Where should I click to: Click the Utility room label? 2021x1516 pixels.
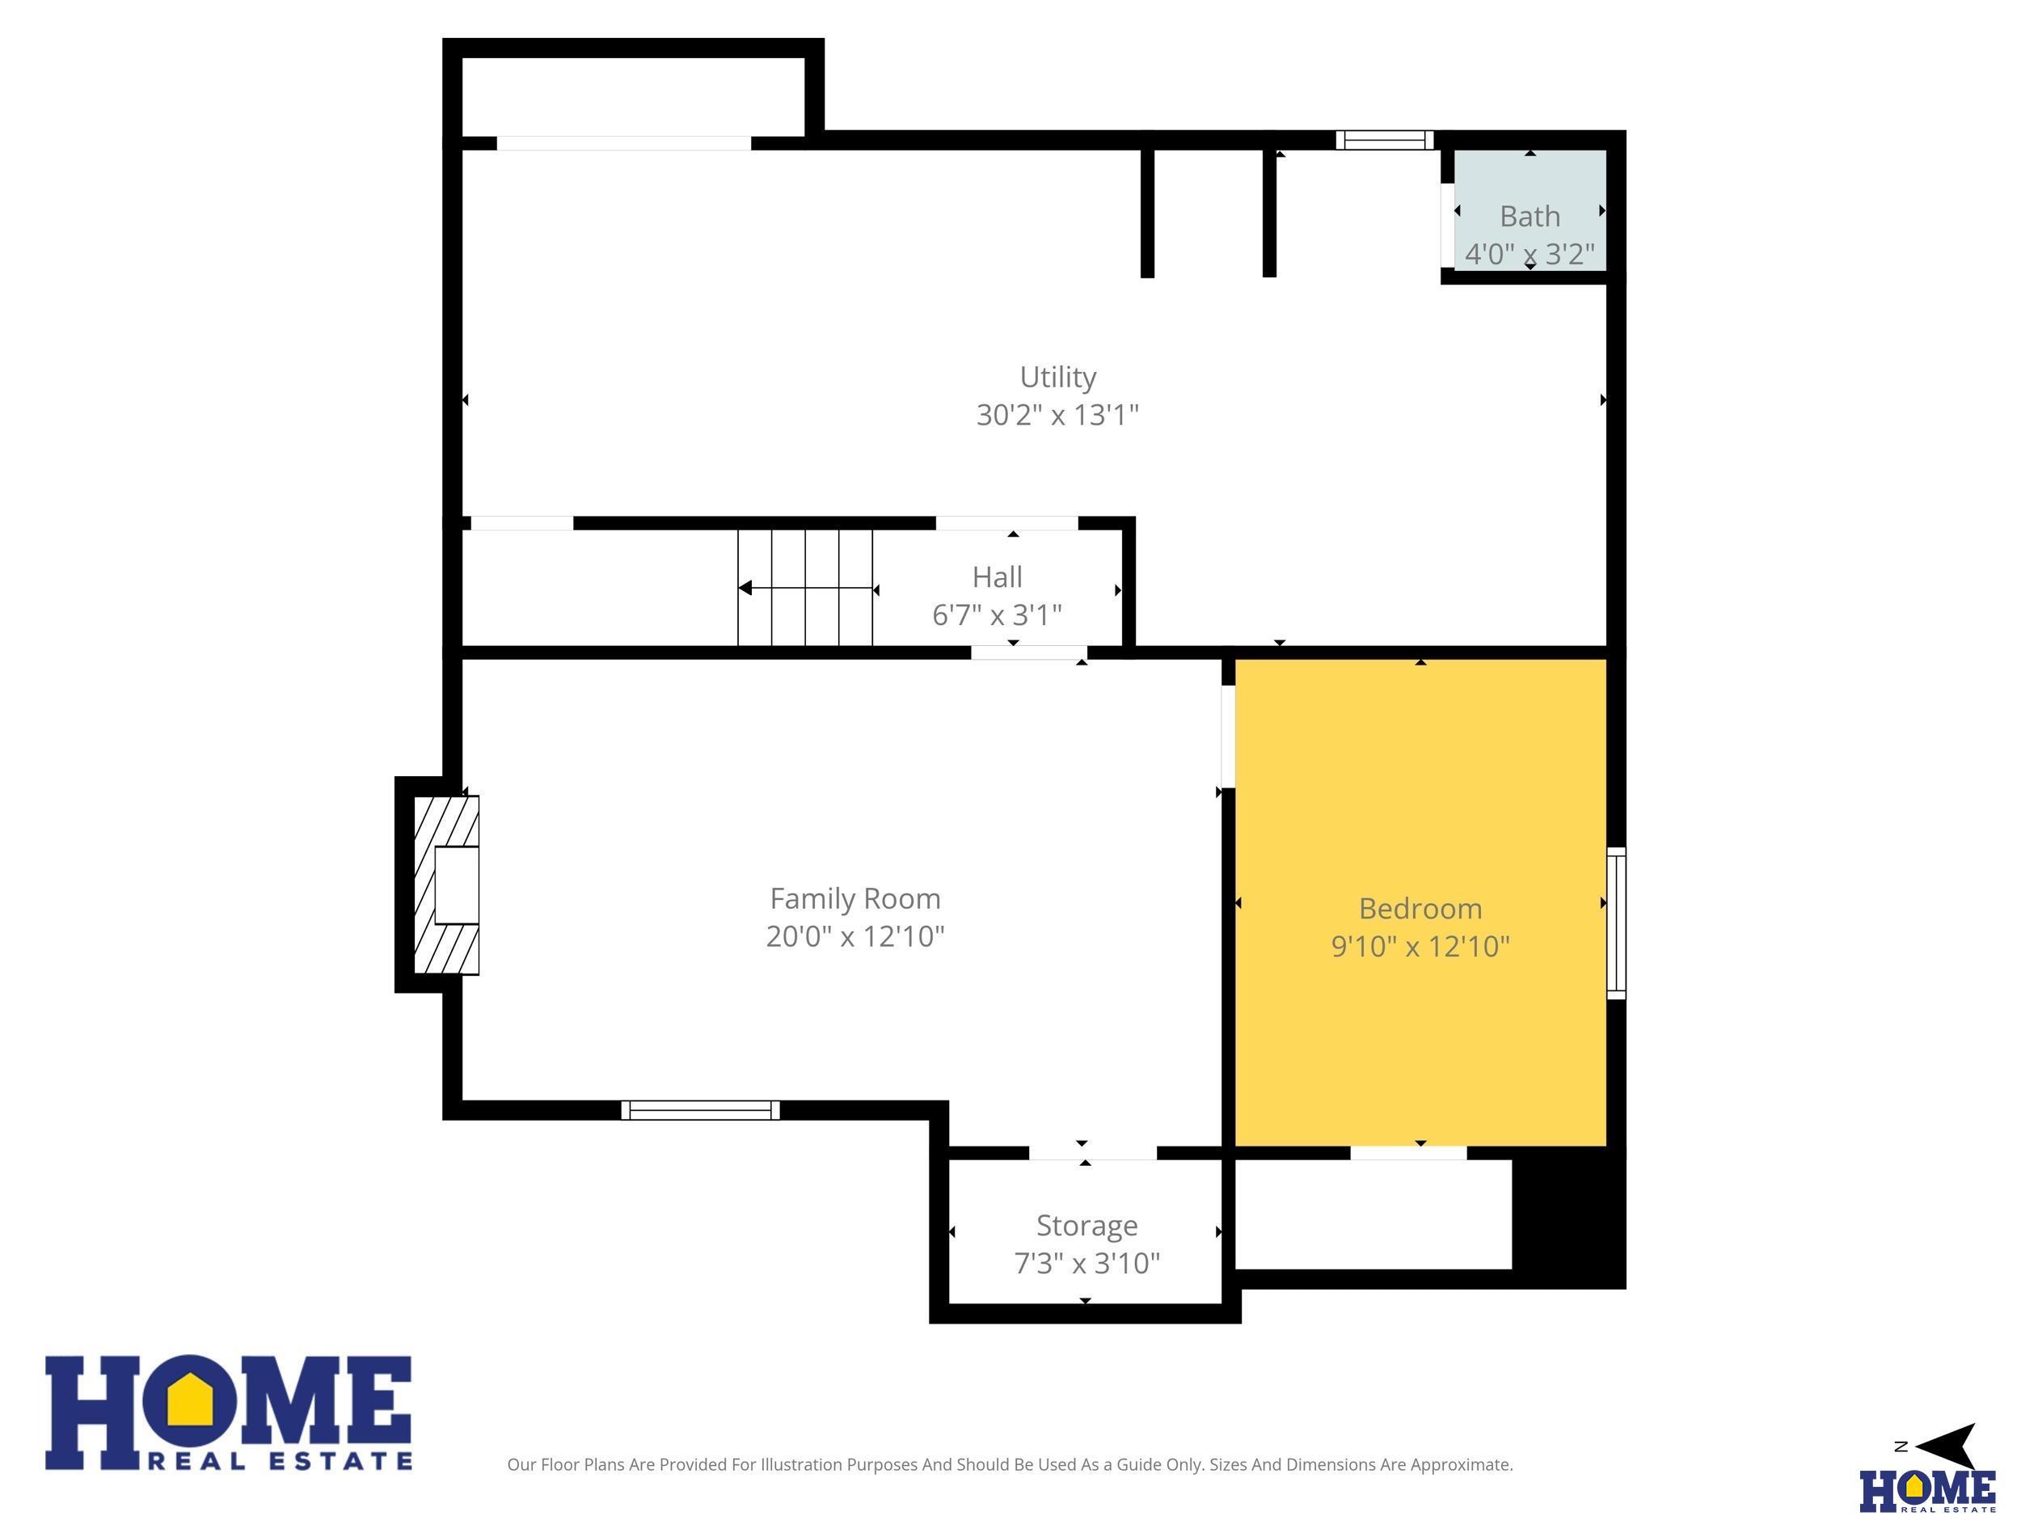click(1057, 378)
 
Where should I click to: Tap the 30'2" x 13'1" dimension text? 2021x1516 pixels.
click(1057, 415)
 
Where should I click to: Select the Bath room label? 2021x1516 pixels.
click(1529, 217)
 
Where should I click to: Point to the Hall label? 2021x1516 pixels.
click(997, 576)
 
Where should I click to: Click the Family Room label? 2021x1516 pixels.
click(855, 898)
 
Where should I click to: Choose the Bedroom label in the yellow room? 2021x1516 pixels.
click(1420, 908)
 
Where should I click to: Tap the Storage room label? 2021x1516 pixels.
click(1086, 1226)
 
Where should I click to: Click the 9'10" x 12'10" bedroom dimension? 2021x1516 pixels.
click(1420, 946)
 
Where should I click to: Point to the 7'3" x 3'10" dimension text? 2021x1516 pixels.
click(1086, 1263)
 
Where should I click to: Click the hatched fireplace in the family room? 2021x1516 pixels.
click(447, 885)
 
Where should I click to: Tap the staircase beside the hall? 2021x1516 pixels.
click(805, 588)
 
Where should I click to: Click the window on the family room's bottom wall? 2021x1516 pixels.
click(700, 1110)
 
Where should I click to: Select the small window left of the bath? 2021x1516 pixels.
click(1384, 140)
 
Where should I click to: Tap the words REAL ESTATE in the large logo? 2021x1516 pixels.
click(280, 1461)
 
